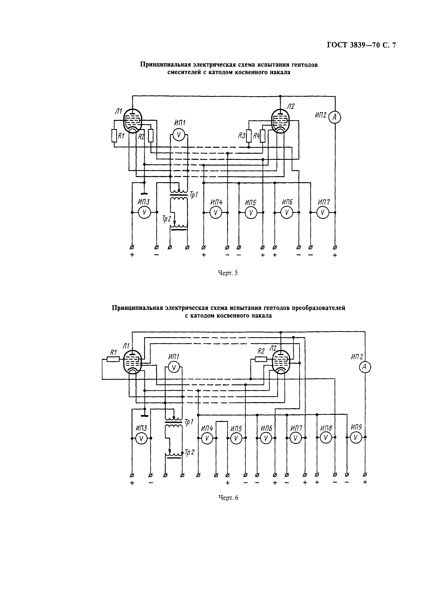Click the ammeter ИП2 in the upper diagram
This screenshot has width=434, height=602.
[335, 117]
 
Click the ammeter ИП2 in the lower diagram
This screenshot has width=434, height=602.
[365, 367]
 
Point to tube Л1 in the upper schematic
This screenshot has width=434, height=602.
[133, 121]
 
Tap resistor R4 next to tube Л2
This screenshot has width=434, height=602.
[262, 136]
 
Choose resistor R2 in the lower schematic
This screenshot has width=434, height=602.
[261, 359]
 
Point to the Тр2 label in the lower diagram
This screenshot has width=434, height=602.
[189, 452]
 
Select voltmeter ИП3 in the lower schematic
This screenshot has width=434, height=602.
[141, 438]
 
